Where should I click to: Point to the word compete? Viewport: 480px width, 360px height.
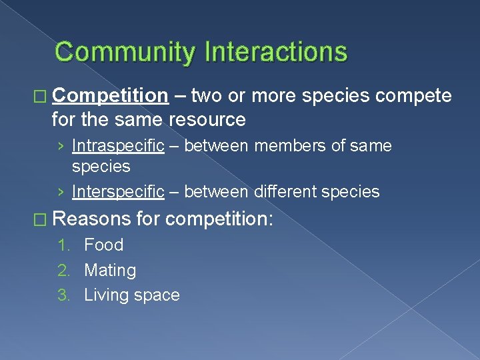[413, 96]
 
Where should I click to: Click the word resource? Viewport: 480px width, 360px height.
[207, 120]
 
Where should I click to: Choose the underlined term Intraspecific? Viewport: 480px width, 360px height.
[118, 145]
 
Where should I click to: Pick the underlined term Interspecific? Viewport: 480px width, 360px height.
[118, 192]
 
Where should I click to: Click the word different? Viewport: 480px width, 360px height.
[286, 192]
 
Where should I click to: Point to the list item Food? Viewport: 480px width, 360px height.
[103, 245]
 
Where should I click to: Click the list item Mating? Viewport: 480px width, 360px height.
[110, 270]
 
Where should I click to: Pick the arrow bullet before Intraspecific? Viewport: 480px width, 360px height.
[61, 146]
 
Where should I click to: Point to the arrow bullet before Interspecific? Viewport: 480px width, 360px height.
[61, 193]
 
